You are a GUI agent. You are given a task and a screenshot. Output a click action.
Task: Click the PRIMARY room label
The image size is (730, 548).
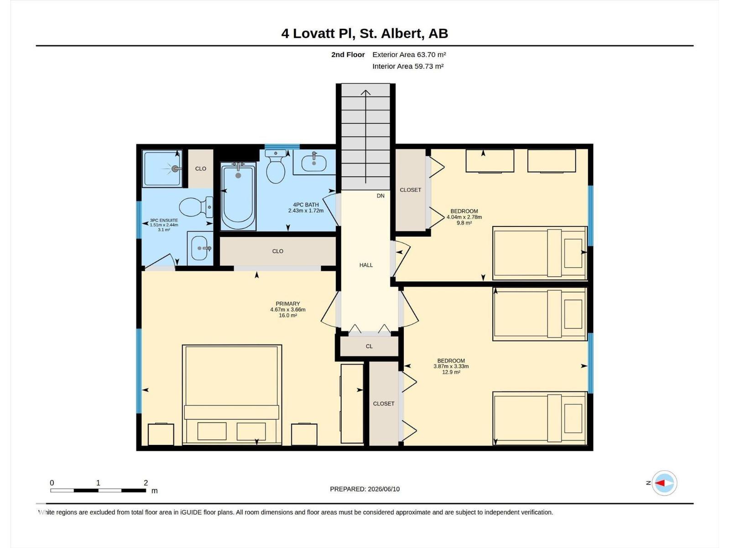pos(288,303)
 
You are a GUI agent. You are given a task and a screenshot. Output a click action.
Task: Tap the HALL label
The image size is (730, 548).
pos(366,265)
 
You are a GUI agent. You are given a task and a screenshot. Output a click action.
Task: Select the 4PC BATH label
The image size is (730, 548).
pos(306,205)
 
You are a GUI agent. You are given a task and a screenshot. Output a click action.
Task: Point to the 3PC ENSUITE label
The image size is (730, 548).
pos(164,220)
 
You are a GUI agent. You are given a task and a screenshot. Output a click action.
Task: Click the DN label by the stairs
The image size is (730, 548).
pos(381,195)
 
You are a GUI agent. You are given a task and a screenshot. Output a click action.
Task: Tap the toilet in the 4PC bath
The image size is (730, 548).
pos(276,167)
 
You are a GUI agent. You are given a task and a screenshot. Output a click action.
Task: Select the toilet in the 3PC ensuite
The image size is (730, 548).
pos(196,206)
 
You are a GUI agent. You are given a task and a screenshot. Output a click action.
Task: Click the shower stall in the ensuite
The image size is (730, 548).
pos(162,169)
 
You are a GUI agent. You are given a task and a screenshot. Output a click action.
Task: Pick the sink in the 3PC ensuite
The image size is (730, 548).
pos(200,248)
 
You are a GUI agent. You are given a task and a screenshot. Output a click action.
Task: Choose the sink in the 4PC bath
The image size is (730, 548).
pos(314,163)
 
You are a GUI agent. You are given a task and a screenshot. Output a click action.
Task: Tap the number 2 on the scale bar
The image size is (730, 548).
pos(146,482)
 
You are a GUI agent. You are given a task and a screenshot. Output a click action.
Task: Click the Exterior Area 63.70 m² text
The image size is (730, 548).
pos(409,54)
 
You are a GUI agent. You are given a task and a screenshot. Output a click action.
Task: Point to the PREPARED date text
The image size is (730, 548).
pos(365,489)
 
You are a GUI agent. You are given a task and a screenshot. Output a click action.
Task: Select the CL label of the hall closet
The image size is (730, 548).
pos(369,346)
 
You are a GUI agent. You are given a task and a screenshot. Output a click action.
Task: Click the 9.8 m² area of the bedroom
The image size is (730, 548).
pos(464,222)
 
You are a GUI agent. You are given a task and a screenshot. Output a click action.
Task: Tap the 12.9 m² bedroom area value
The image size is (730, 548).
pos(451,372)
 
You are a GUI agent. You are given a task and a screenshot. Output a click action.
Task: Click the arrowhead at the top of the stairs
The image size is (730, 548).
pos(366,92)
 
